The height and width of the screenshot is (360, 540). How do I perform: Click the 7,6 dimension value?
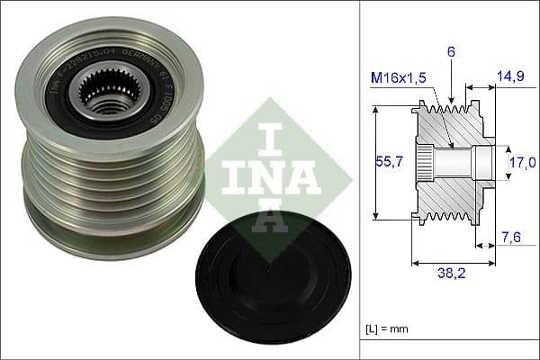[x=510, y=237]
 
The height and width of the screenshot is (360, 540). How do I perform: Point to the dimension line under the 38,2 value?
[x=452, y=264]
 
